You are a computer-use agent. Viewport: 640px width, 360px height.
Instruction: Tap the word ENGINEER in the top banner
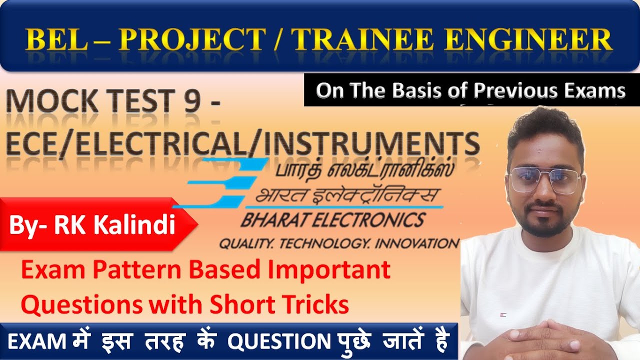[528, 40]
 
